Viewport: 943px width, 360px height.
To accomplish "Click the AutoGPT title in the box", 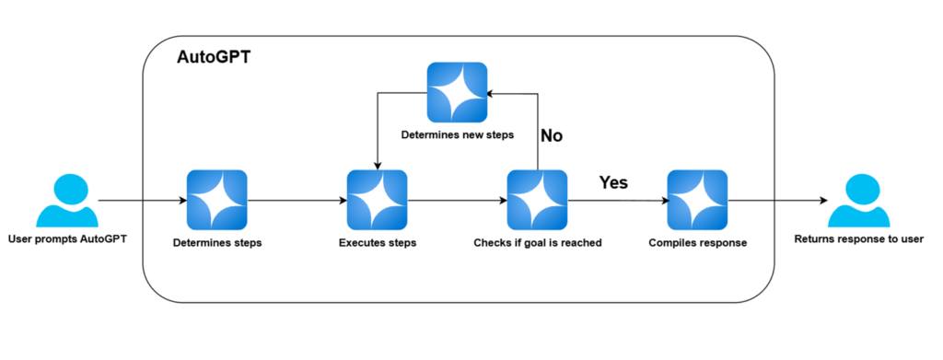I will pos(214,58).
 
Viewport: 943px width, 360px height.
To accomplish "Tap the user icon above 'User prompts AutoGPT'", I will pos(66,201).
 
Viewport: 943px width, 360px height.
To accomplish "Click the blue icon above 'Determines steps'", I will pos(216,200).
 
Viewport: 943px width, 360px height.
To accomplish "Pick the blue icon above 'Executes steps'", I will pos(376,200).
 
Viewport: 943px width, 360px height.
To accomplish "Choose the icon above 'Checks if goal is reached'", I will pos(537,200).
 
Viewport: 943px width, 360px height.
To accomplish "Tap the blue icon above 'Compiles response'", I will pos(697,200).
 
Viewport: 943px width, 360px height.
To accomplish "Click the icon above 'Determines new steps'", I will pos(457,92).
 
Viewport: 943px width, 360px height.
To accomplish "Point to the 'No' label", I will pos(552,135).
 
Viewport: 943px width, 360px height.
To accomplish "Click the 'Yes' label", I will pos(613,182).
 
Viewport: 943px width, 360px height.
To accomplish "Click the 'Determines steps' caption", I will pos(216,243).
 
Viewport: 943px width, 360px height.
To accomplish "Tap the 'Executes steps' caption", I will pos(377,243).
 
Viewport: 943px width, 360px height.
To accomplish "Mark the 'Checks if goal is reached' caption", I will pos(537,243).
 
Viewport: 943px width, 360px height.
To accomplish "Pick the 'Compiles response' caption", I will pos(697,243).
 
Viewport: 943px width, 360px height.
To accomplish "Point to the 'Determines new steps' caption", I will pos(457,135).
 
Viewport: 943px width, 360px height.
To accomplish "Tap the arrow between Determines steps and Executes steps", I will pos(296,200).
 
